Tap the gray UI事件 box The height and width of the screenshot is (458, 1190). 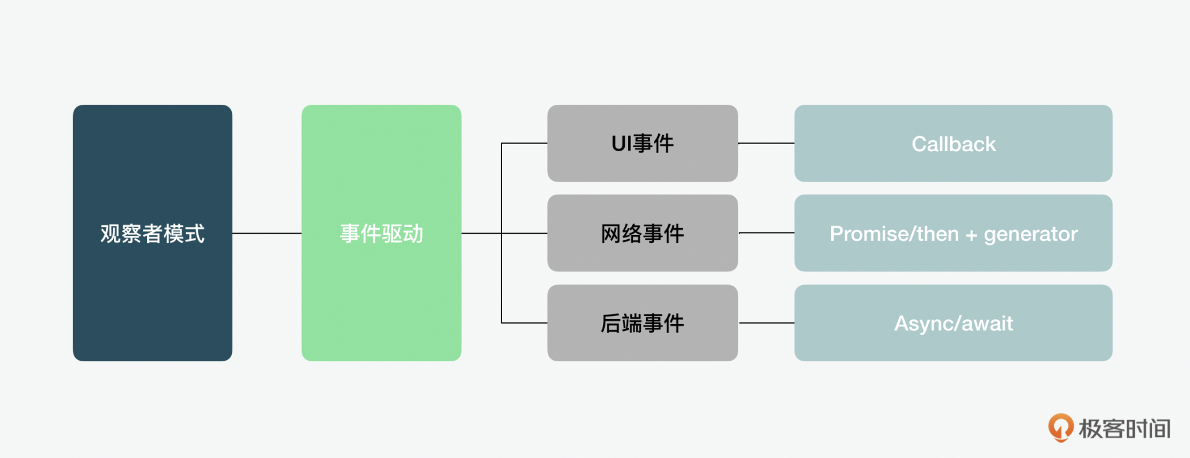(642, 165)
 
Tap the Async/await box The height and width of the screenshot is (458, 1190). (953, 345)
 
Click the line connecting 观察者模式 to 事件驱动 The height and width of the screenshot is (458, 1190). (267, 233)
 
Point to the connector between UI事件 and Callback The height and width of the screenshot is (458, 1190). (766, 143)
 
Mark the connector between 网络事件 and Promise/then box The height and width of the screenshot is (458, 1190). (766, 233)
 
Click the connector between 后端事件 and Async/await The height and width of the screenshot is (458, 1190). (766, 323)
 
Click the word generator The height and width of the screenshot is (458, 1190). (1031, 234)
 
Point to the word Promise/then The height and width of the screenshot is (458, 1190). (894, 234)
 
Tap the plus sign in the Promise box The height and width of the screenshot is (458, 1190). (971, 235)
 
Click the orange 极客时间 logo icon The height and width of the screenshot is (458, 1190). (1060, 428)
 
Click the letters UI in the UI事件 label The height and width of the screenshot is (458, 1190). (622, 144)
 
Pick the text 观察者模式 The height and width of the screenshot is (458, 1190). (152, 234)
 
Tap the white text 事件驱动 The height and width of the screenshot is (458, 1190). (381, 234)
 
